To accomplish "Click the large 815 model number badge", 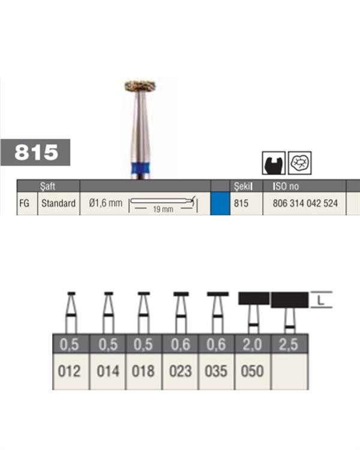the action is point(35,152).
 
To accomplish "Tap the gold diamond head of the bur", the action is point(140,86).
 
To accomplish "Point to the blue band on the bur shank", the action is point(140,167).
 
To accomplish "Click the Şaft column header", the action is point(47,186).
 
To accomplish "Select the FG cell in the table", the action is point(25,203).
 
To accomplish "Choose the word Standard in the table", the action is point(59,203).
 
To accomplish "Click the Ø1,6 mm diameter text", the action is point(106,203).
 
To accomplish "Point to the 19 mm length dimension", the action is point(163,209).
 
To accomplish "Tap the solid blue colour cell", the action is point(220,203).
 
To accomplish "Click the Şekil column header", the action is point(243,186).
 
